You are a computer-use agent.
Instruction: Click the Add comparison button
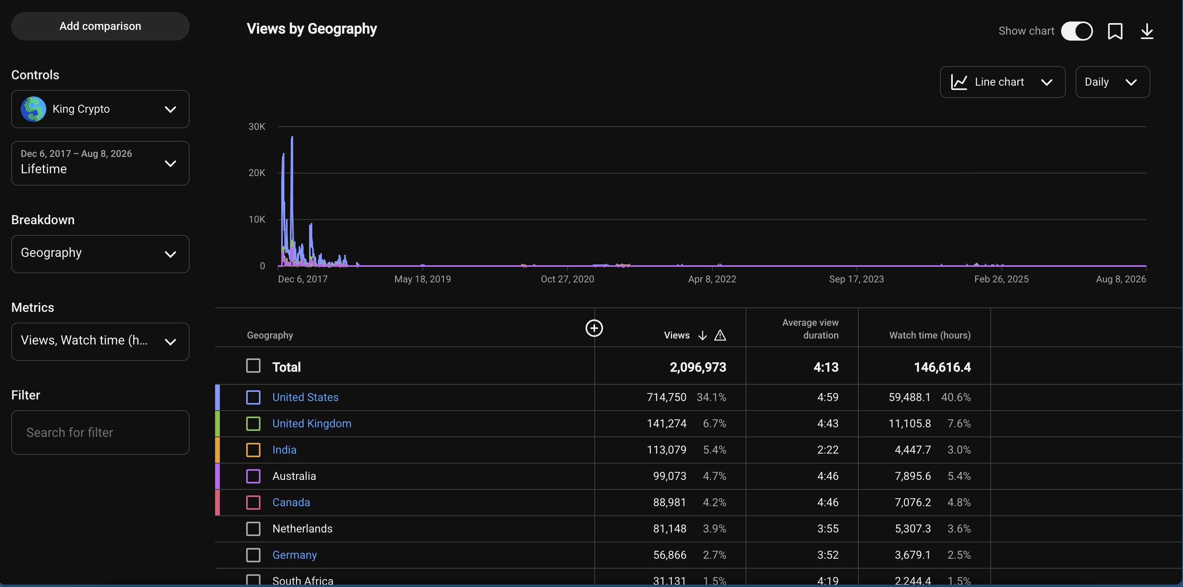[100, 26]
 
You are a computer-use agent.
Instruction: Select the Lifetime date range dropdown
[100, 163]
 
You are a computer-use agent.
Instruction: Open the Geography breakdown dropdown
[100, 254]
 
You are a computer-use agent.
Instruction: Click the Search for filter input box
[100, 432]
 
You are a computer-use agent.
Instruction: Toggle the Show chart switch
[1077, 31]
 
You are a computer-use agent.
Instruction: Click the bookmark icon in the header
[1115, 31]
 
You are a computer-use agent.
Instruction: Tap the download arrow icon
[1147, 31]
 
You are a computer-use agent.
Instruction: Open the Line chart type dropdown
[1003, 82]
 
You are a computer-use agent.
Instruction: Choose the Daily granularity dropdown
[1112, 82]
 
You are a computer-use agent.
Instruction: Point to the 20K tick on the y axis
[257, 173]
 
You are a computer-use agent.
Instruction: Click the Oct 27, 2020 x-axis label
[567, 279]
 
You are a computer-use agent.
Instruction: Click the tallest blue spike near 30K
[292, 137]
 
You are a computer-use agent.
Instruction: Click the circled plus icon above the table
[594, 328]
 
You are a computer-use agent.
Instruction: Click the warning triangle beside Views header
[720, 335]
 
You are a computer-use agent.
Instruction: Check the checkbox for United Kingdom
[253, 423]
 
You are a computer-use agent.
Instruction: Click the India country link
[284, 450]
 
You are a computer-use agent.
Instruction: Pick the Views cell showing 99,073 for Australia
[670, 476]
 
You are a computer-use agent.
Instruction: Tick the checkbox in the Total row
[253, 366]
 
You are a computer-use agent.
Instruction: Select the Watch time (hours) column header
[930, 335]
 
